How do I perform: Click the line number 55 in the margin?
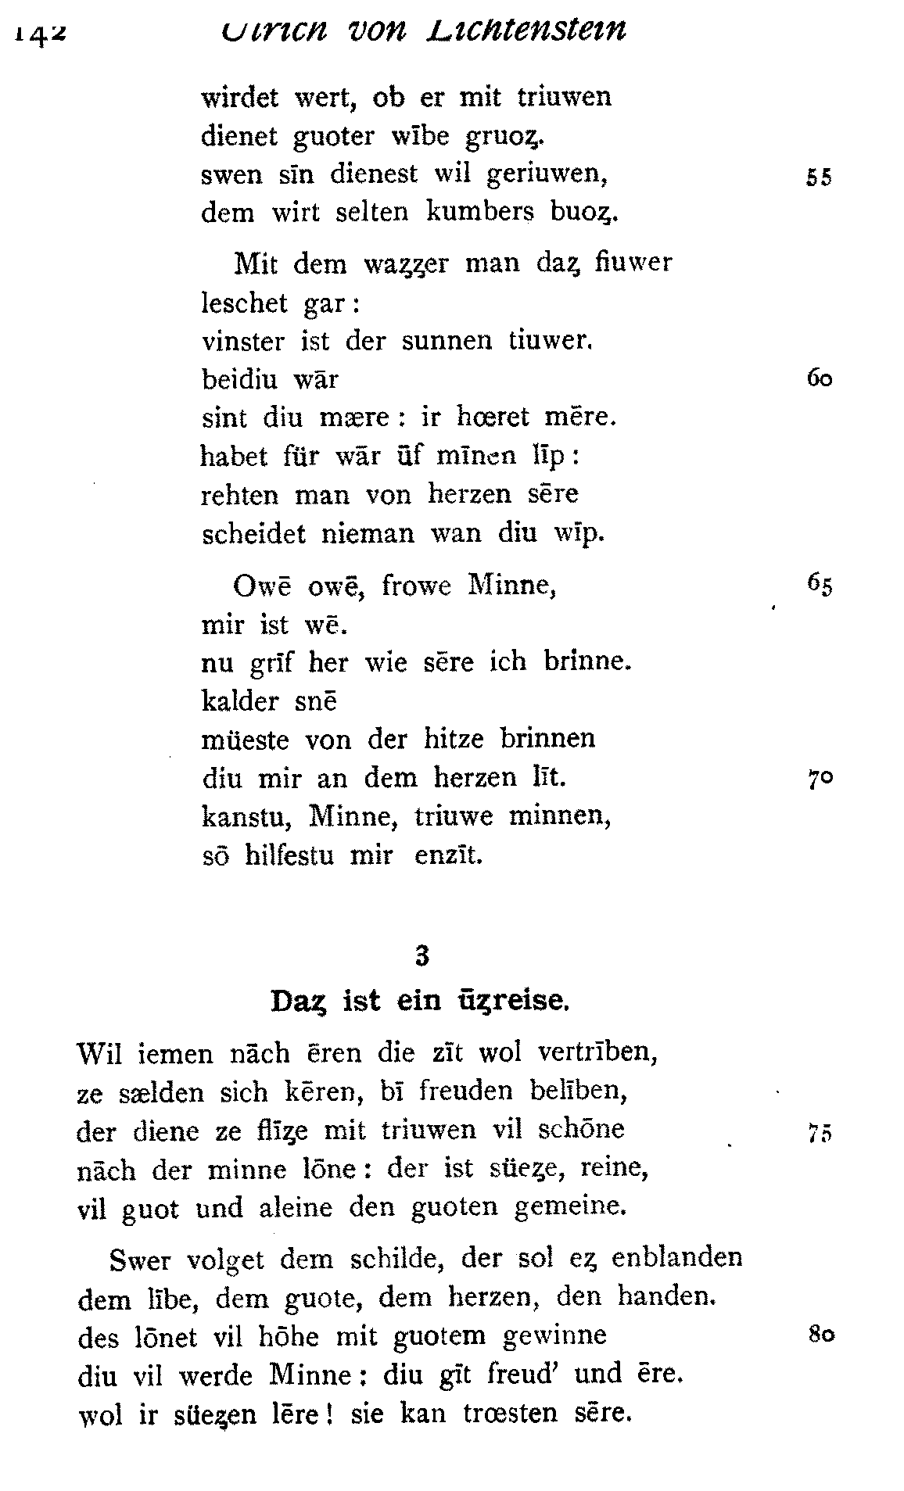click(818, 177)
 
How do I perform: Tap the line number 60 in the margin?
click(818, 379)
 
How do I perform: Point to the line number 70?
click(818, 779)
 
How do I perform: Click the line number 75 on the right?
click(818, 1134)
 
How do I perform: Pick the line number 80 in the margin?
click(820, 1335)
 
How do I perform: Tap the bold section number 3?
click(422, 955)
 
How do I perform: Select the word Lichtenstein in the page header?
click(526, 29)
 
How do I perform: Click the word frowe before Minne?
click(417, 586)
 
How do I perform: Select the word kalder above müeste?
click(239, 701)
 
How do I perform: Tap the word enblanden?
click(676, 1257)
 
